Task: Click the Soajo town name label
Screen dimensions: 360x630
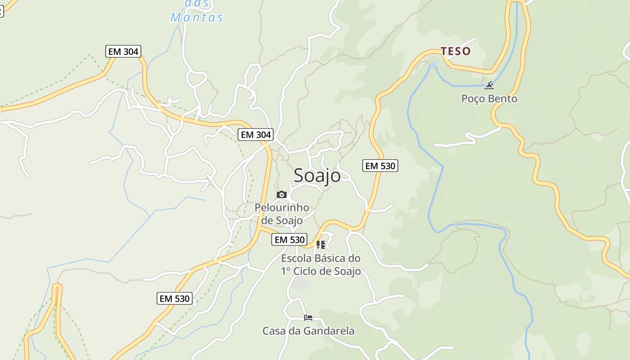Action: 317,175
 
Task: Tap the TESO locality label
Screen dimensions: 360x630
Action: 455,51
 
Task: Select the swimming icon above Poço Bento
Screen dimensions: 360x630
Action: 490,85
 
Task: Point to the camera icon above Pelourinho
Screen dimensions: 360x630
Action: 282,194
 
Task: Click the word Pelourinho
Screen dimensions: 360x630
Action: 282,207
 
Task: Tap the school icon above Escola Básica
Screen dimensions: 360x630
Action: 321,245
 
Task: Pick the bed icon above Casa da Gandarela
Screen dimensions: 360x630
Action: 308,318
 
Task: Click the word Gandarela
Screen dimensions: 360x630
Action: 329,331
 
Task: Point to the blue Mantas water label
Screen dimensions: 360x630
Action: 197,18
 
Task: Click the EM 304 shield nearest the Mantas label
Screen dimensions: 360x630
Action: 123,51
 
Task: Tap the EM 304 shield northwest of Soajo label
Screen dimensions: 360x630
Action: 256,135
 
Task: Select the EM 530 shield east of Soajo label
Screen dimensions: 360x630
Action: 380,166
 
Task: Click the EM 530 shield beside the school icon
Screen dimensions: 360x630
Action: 290,240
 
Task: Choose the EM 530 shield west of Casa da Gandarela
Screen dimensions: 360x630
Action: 175,298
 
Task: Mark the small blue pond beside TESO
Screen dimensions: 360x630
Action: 433,66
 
